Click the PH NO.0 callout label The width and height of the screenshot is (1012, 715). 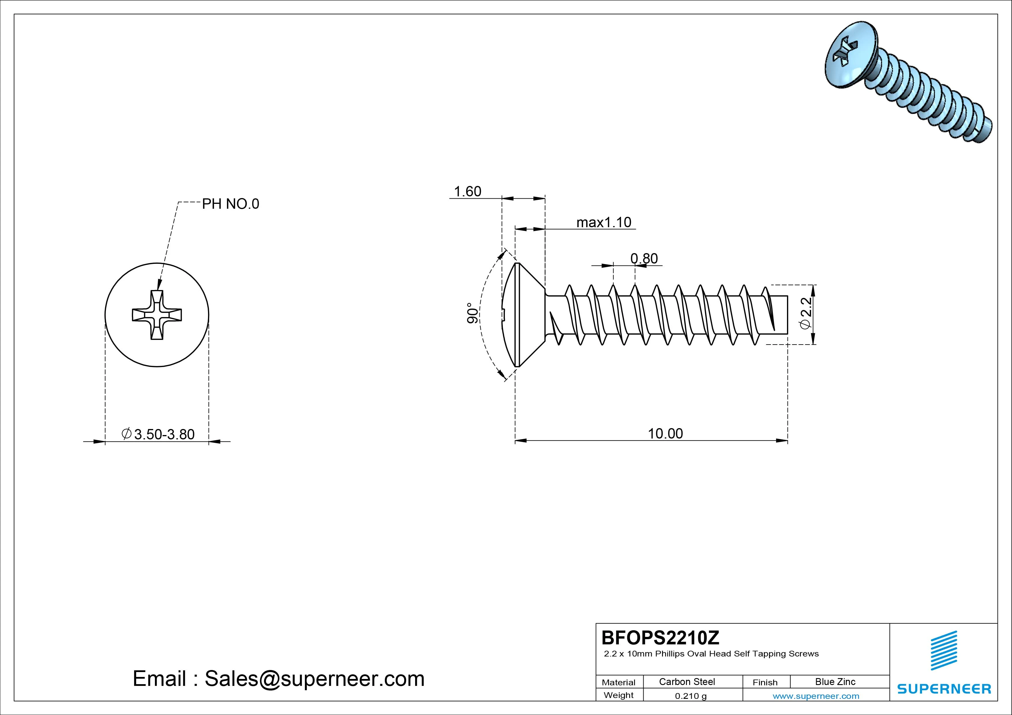point(230,204)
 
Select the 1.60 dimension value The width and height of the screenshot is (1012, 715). point(467,192)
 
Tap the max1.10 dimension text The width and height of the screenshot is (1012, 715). point(604,223)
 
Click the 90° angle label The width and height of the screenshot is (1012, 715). point(472,313)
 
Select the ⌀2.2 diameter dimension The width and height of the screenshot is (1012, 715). point(805,314)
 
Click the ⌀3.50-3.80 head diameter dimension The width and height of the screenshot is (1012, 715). point(159,434)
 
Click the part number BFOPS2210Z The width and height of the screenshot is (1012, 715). point(660,637)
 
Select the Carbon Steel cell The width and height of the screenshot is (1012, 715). point(687,682)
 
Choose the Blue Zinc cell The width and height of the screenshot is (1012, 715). point(835,682)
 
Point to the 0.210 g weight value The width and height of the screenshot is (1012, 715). point(690,696)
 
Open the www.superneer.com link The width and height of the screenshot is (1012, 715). point(816,696)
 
